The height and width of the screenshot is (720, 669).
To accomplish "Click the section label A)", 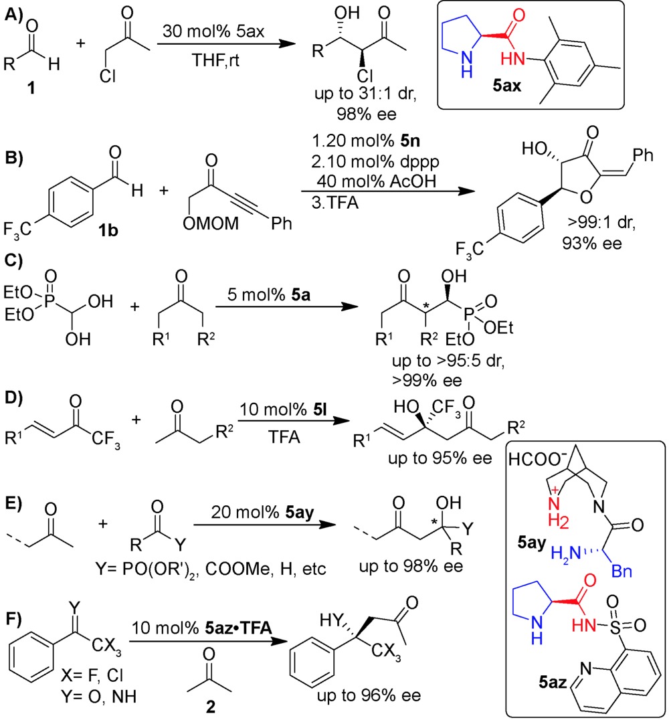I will tap(15, 11).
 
